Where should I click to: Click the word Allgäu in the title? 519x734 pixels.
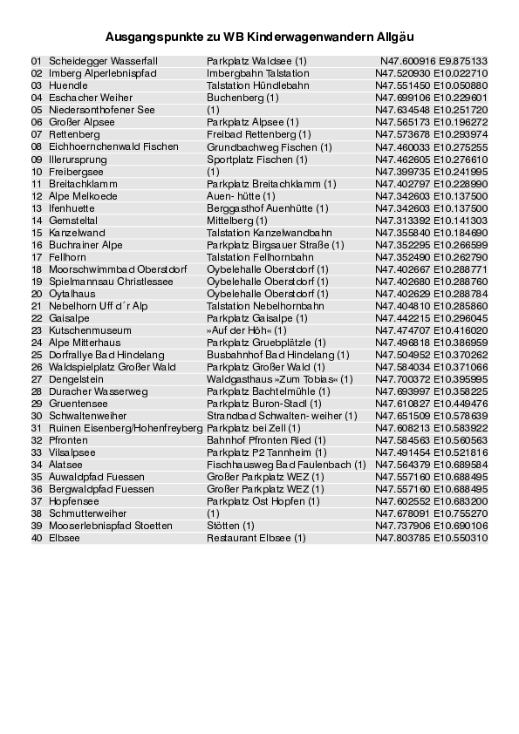[394, 37]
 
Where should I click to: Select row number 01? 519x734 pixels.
[36, 62]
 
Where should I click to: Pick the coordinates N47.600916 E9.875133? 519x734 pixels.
[434, 62]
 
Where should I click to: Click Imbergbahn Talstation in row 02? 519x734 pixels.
[258, 74]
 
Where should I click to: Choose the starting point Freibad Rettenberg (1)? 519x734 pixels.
[258, 135]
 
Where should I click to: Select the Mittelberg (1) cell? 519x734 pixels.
[237, 221]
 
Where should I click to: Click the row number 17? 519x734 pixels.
[36, 257]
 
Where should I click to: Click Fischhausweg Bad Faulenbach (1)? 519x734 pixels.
[286, 465]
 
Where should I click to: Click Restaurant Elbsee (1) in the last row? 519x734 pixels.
[256, 538]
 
